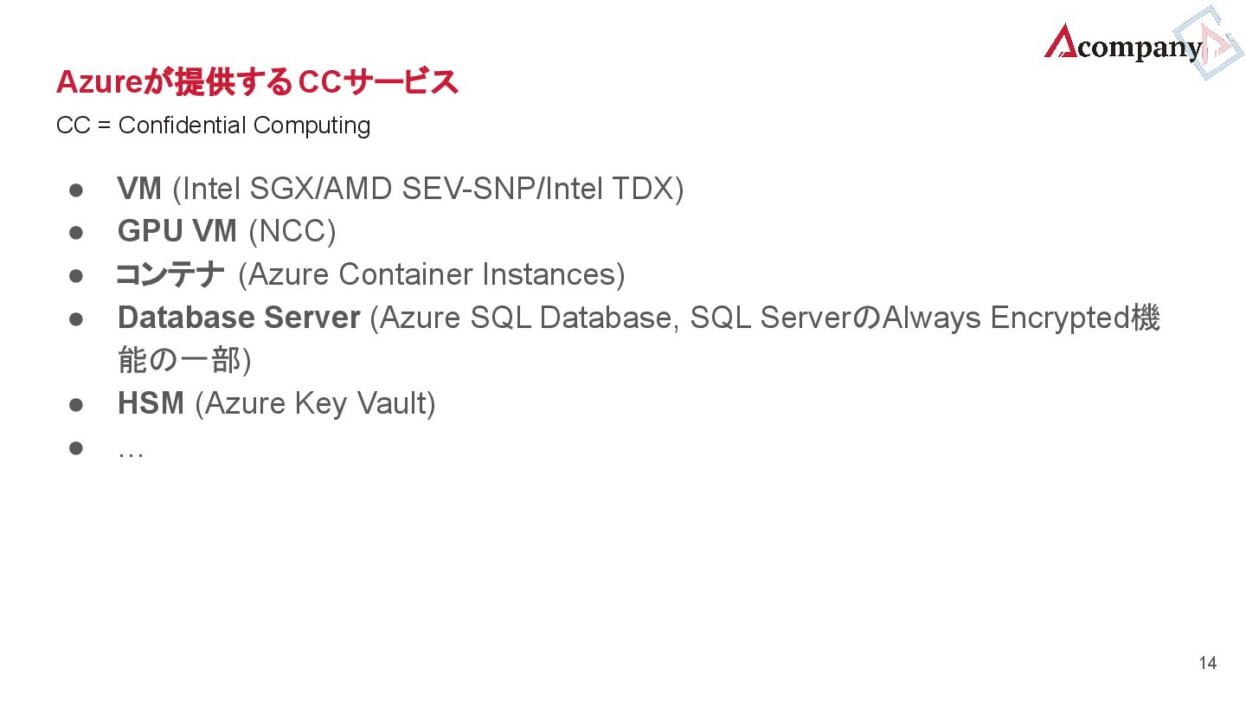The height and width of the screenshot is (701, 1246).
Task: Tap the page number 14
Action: coord(1207,663)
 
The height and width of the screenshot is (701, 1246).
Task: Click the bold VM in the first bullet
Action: coord(139,188)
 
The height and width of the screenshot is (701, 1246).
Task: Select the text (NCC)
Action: coord(292,231)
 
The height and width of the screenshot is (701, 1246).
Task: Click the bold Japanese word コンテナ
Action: coord(170,274)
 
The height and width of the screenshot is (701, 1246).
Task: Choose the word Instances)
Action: coord(553,274)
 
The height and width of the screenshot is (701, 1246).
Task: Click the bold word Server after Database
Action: coord(311,318)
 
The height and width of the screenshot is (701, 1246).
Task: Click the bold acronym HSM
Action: coord(151,403)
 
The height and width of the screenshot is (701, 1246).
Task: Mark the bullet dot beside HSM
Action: coord(75,404)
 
